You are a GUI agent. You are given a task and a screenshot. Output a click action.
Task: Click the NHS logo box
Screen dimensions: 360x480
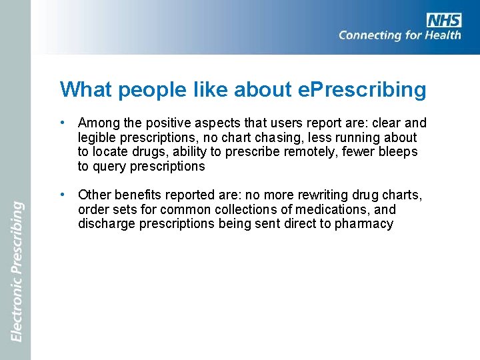click(x=443, y=20)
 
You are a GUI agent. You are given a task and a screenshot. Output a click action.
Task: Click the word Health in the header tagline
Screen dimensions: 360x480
click(x=441, y=35)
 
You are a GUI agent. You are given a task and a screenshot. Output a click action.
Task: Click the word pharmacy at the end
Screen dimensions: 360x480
click(x=365, y=224)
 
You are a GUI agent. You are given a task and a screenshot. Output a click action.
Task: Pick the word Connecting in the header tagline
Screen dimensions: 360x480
click(x=372, y=35)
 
